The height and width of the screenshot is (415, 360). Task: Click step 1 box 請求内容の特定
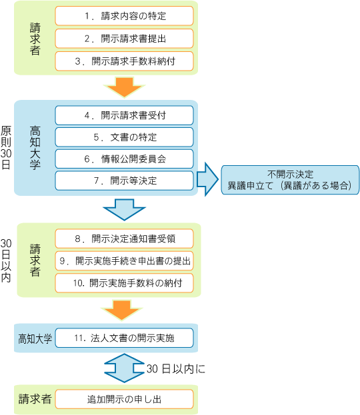124,16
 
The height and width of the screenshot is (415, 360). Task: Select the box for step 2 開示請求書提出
124,39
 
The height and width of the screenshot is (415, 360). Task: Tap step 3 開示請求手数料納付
124,61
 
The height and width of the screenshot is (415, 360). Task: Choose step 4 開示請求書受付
124,115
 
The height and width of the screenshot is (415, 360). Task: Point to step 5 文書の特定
124,137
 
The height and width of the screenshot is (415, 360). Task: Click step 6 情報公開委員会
124,159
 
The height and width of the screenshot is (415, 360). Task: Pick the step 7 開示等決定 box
124,181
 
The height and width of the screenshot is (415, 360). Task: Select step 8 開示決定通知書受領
124,238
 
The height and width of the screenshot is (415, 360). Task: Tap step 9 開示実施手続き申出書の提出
124,260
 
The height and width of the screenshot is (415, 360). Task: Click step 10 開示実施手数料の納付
124,283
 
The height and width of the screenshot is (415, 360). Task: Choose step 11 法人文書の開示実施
124,338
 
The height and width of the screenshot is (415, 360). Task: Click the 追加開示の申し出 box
124,399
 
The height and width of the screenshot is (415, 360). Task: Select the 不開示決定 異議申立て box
290,180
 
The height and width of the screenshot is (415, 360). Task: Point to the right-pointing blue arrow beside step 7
208,179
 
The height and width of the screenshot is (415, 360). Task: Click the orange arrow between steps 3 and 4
124,87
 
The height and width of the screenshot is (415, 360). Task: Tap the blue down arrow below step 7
124,210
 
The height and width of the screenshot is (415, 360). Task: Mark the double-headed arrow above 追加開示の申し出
124,368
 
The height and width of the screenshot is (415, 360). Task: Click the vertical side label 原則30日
6,147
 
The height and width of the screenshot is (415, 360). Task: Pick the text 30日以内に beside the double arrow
176,369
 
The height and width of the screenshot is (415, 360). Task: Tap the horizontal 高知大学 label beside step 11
35,338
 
